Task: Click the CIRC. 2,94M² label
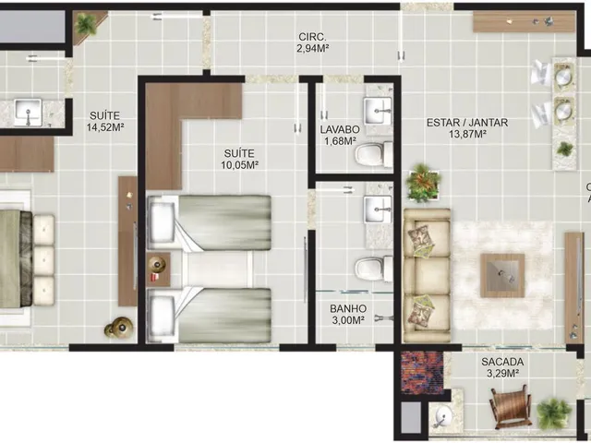tap(312, 42)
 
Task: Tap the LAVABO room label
tap(340, 129)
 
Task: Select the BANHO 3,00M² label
tap(347, 314)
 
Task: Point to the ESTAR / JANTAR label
tap(467, 128)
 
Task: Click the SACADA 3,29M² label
tap(502, 367)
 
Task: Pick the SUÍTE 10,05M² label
tap(239, 159)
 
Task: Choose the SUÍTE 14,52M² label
tap(105, 121)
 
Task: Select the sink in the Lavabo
tap(378, 111)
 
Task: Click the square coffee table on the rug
tap(502, 275)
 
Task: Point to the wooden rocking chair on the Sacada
tap(511, 406)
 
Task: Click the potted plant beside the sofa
tap(423, 182)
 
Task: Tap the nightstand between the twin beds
tap(158, 269)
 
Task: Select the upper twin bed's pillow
tap(163, 221)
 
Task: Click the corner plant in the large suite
tap(86, 25)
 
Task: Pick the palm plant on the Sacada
tap(554, 413)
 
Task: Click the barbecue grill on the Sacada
tap(443, 416)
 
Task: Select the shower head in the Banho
tap(383, 318)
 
